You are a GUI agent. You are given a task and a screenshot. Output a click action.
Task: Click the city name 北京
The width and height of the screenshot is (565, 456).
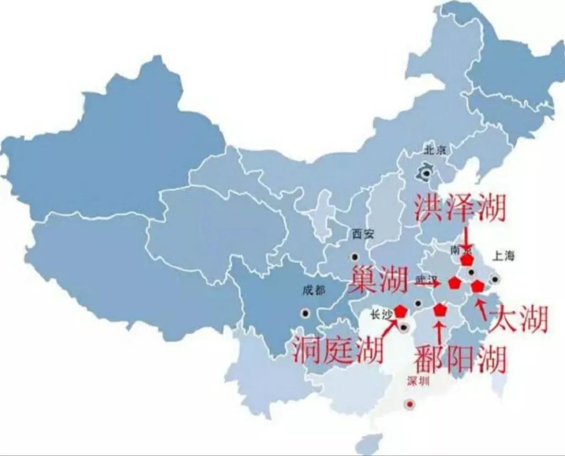(435, 151)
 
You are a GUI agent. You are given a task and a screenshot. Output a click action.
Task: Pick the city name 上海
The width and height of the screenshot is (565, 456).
(503, 256)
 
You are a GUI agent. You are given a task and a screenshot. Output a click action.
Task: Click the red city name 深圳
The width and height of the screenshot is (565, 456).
(418, 381)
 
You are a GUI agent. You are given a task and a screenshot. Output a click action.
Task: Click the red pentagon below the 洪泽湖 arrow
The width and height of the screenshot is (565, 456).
(467, 259)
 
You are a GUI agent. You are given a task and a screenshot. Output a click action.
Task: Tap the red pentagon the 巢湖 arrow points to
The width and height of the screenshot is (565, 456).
(454, 283)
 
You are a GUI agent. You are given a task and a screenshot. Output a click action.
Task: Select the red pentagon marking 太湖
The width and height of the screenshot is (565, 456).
(477, 286)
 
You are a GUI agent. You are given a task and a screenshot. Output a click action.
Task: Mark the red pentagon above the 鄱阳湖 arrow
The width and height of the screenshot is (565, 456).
(440, 310)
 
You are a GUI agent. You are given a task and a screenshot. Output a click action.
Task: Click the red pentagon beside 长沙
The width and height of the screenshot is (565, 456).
(401, 311)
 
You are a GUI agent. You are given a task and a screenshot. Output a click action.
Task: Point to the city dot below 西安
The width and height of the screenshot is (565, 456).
(355, 257)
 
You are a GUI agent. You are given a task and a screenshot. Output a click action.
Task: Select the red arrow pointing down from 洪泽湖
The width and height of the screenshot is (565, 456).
(466, 238)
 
